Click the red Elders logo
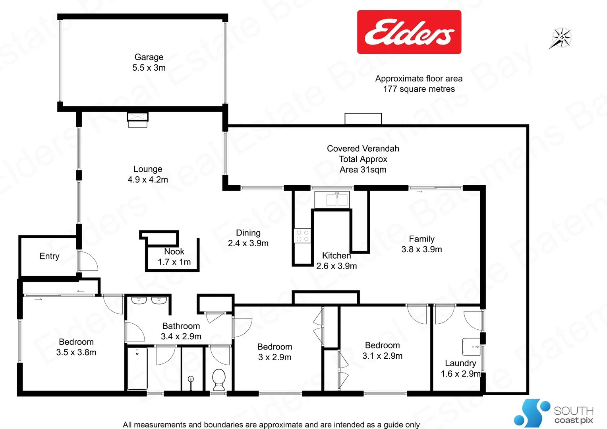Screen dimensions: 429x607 click(409, 32)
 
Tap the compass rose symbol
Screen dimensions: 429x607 click(561, 38)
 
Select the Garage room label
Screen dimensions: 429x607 click(149, 62)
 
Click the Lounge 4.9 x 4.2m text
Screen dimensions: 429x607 click(148, 174)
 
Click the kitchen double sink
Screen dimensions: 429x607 click(332, 199)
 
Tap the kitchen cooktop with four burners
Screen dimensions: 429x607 click(302, 236)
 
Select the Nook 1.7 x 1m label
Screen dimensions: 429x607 click(174, 257)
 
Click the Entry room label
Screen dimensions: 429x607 click(49, 256)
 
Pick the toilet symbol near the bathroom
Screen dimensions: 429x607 click(219, 379)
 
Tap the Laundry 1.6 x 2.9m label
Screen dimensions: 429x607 click(460, 368)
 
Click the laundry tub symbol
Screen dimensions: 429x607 click(472, 346)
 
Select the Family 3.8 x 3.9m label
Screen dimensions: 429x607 click(421, 244)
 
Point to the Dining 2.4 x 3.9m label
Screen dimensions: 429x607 click(248, 238)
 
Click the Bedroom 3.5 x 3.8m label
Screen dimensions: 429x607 click(76, 347)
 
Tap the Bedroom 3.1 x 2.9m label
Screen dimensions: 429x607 click(382, 350)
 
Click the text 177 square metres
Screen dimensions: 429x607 click(419, 89)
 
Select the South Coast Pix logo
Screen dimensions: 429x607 click(554, 414)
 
